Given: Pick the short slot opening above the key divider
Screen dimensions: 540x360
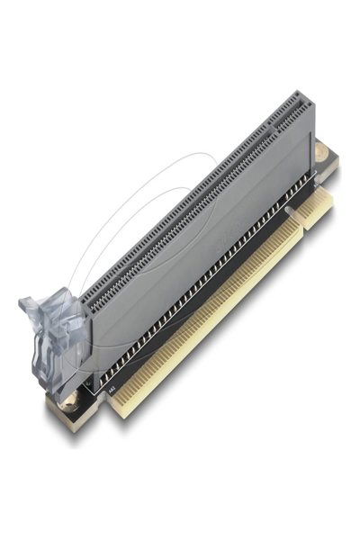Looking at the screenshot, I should click(x=285, y=113).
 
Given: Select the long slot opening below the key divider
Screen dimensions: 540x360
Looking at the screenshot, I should click(x=180, y=211).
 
